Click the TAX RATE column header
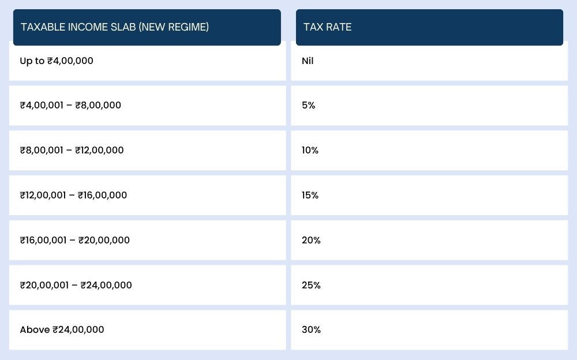point(328,27)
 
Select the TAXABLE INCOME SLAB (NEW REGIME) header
point(115,27)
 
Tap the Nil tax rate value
point(308,61)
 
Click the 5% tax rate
point(309,106)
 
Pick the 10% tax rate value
point(310,150)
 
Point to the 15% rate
point(310,195)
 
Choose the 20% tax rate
point(311,240)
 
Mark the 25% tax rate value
point(311,285)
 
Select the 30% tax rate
point(311,330)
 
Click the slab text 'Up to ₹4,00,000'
point(57,61)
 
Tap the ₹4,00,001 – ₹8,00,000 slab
point(70,106)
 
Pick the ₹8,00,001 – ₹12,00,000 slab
point(72,150)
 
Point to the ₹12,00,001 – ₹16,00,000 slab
point(73,195)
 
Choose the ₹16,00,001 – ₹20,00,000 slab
point(74,240)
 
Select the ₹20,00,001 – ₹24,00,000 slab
point(76,285)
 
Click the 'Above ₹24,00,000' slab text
point(62,330)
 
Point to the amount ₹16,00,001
point(44,240)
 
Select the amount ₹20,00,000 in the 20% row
point(104,240)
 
